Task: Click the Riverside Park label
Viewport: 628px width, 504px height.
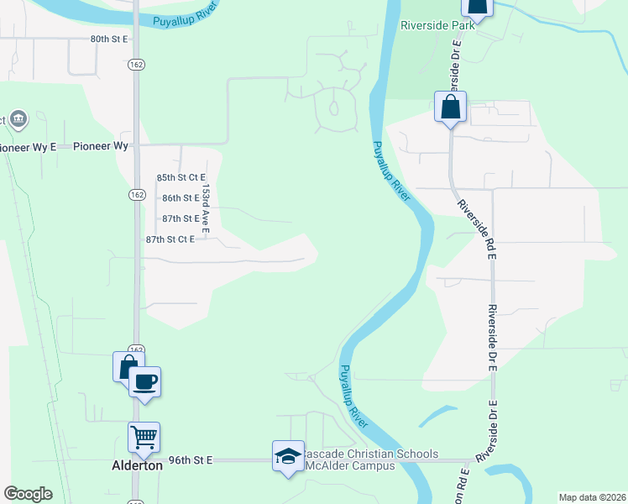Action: (438, 25)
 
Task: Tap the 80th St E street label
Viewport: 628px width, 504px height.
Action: (109, 39)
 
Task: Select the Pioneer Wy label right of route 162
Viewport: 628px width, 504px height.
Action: (101, 146)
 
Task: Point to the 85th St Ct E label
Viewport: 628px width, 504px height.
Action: (181, 178)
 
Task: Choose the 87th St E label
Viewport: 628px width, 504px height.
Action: (181, 218)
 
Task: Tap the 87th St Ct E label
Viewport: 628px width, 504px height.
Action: (170, 239)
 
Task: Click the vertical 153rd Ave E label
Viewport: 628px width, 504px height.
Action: (205, 210)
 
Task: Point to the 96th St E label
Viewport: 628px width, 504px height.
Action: (191, 460)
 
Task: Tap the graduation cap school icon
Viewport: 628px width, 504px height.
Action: (288, 456)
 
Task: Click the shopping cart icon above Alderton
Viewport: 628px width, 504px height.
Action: (144, 437)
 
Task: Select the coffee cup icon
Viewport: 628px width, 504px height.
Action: (145, 381)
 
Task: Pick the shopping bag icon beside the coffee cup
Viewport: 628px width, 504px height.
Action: (127, 366)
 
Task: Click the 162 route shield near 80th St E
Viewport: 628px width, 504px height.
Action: (136, 64)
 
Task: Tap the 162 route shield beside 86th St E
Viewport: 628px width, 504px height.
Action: (136, 194)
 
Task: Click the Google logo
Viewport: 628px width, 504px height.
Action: (28, 494)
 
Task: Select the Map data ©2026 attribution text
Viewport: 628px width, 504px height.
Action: (593, 497)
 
